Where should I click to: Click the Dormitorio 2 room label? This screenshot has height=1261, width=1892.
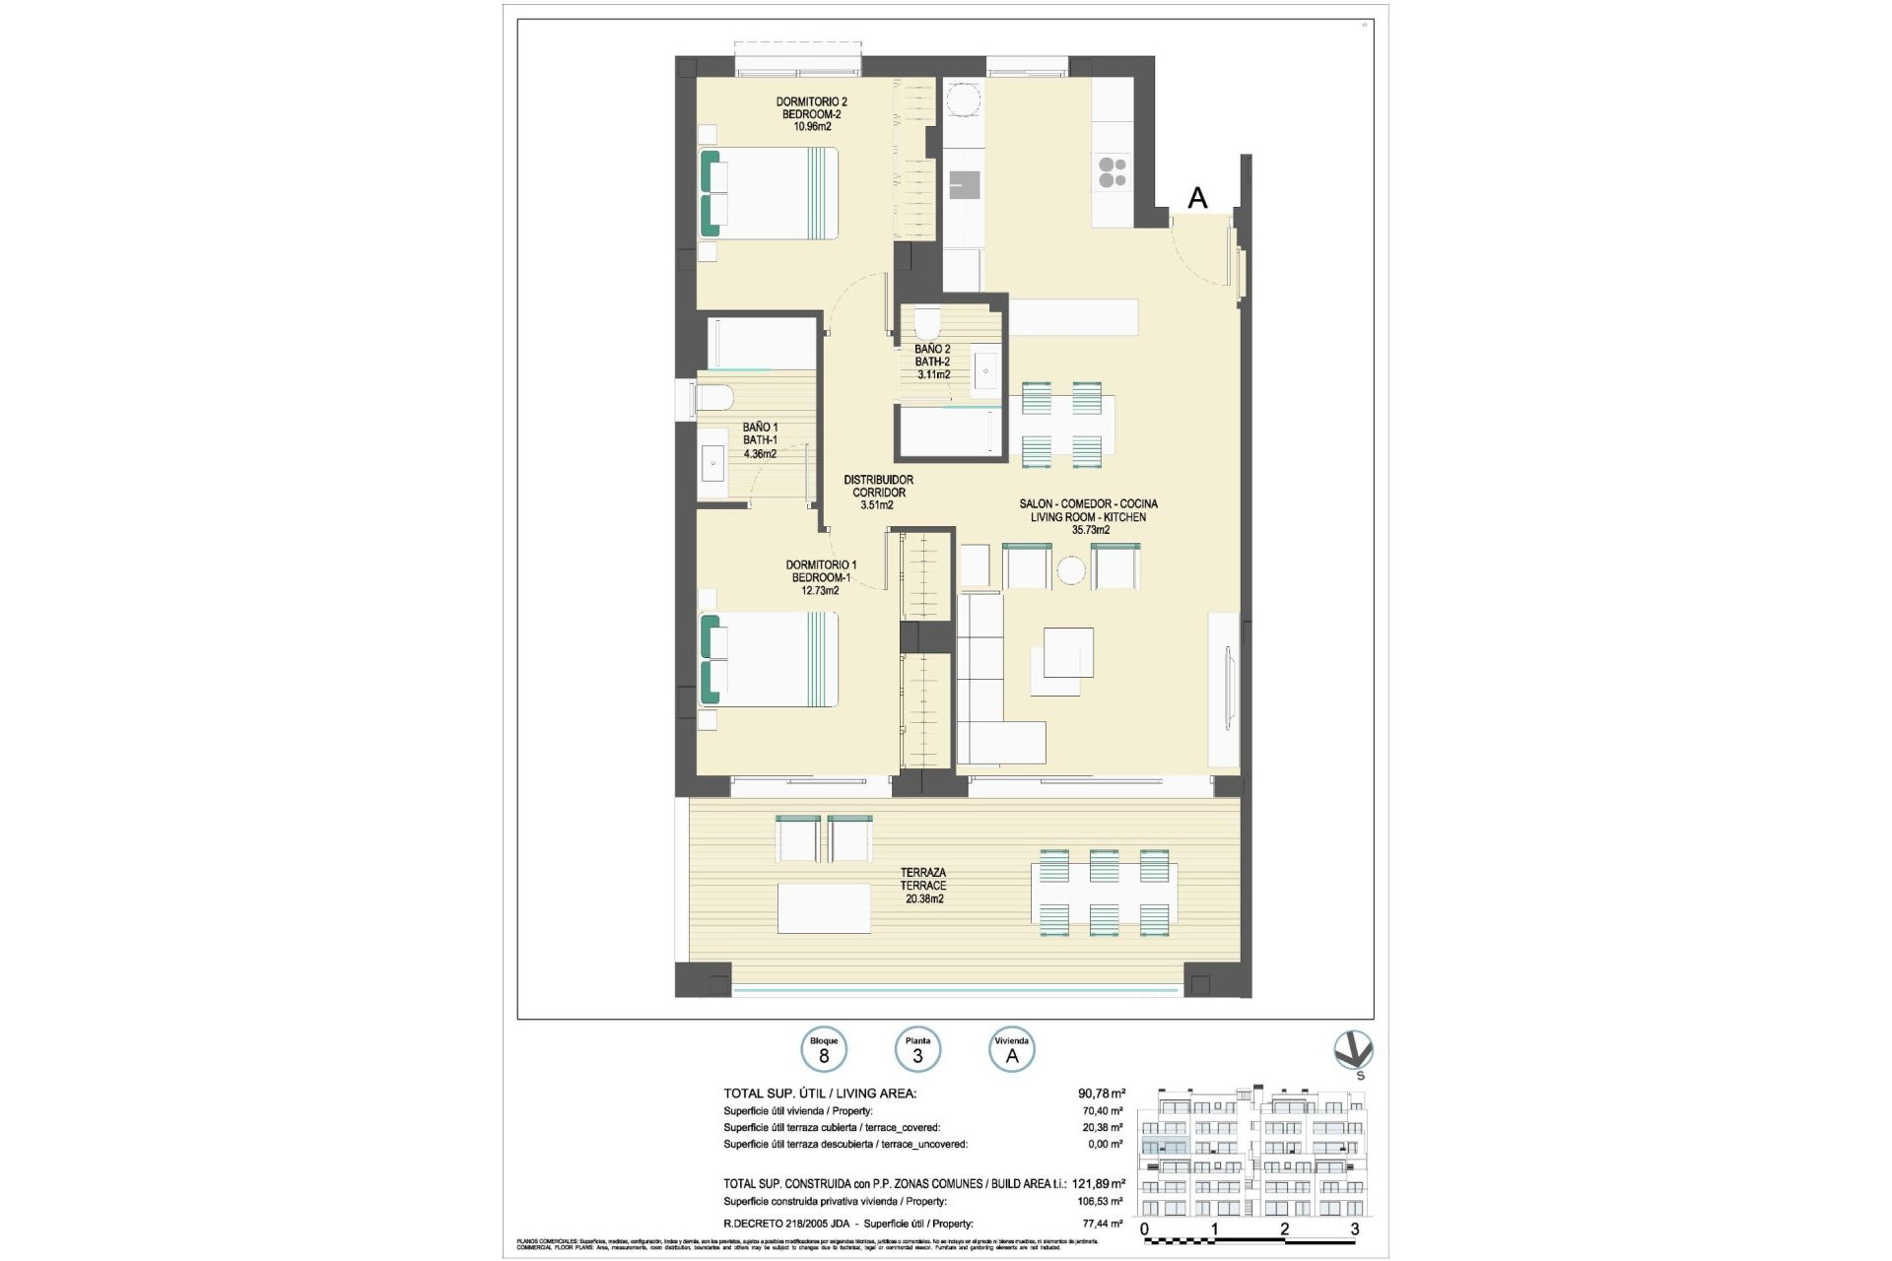[811, 113]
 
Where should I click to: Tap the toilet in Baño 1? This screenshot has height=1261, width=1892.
[712, 399]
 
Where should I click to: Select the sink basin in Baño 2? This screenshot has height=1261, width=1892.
[985, 371]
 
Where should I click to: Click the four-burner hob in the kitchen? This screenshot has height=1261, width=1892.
[1113, 172]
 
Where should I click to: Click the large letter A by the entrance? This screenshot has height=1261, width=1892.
[1197, 198]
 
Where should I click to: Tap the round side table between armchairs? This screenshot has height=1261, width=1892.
[1071, 569]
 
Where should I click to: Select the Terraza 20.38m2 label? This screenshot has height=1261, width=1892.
[922, 885]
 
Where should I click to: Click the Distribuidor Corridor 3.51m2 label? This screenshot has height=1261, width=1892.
[878, 492]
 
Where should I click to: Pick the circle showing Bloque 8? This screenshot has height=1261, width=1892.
[823, 1050]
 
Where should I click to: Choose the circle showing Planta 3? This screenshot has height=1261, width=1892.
[917, 1050]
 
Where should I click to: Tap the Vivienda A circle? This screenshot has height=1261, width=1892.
[1011, 1050]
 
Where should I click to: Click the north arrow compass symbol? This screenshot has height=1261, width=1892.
[1352, 1051]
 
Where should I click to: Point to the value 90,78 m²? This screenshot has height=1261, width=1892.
[1101, 1093]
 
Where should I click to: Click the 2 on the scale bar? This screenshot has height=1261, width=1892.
[1284, 1228]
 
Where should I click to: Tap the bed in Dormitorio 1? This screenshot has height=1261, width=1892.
[769, 659]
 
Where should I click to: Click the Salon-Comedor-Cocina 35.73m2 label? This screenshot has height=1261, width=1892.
[1089, 516]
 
